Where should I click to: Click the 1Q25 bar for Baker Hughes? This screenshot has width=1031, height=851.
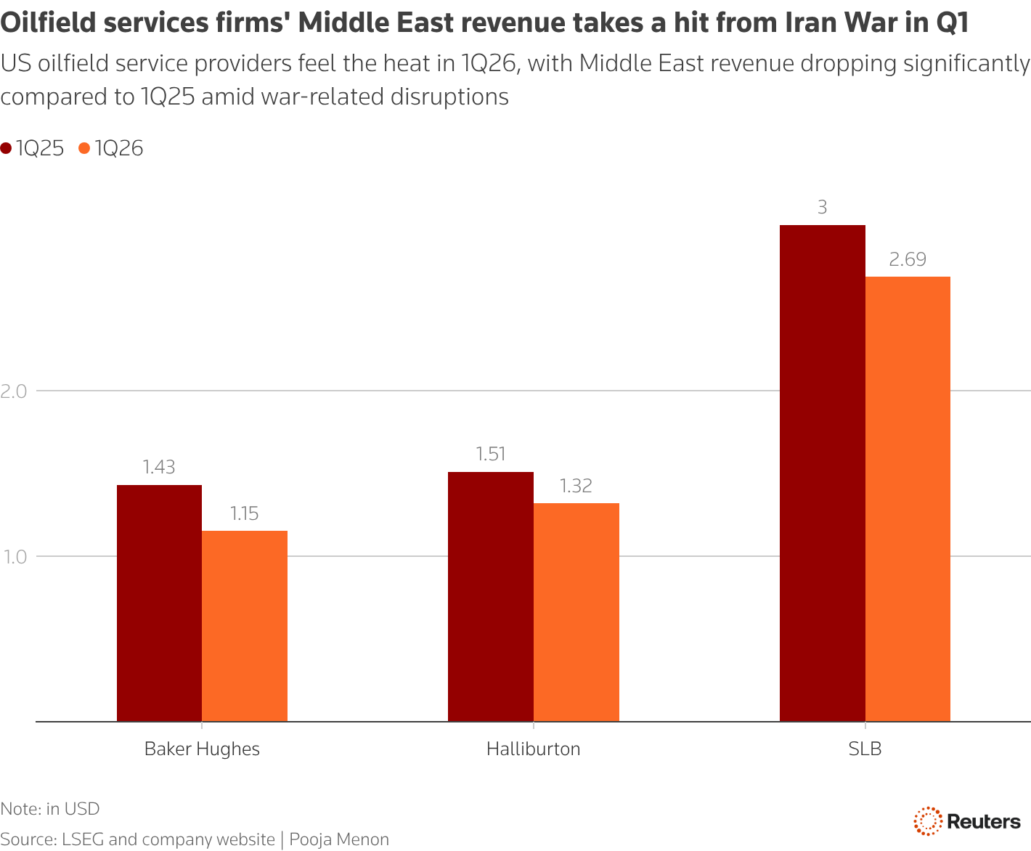pyautogui.click(x=159, y=603)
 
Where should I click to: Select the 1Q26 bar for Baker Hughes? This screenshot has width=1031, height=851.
pyautogui.click(x=245, y=626)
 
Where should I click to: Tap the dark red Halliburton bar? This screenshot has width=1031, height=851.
pyautogui.click(x=491, y=596)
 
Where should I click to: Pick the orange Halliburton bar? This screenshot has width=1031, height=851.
pyautogui.click(x=576, y=612)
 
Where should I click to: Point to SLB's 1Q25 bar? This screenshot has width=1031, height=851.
pyautogui.click(x=822, y=473)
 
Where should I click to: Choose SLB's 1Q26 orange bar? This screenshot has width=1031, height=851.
pyautogui.click(x=908, y=499)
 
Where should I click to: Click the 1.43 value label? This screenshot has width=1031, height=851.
pyautogui.click(x=159, y=467)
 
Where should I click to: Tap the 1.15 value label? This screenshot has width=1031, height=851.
pyautogui.click(x=245, y=514)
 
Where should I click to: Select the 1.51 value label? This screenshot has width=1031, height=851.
pyautogui.click(x=491, y=454)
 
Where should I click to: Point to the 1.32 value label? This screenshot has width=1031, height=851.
pyautogui.click(x=576, y=486)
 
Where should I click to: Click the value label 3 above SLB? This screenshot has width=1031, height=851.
pyautogui.click(x=822, y=208)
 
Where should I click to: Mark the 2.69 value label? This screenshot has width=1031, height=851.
pyautogui.click(x=908, y=259)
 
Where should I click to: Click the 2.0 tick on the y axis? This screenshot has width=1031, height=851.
pyautogui.click(x=13, y=391)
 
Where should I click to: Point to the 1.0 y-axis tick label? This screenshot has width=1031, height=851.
pyautogui.click(x=13, y=557)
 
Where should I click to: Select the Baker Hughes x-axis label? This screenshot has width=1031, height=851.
pyautogui.click(x=202, y=749)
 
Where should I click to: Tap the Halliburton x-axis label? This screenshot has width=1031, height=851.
pyautogui.click(x=534, y=749)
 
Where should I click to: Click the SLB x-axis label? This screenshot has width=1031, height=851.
pyautogui.click(x=865, y=749)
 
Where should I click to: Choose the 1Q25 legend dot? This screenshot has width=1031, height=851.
pyautogui.click(x=7, y=149)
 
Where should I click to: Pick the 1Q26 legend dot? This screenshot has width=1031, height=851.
pyautogui.click(x=84, y=149)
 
